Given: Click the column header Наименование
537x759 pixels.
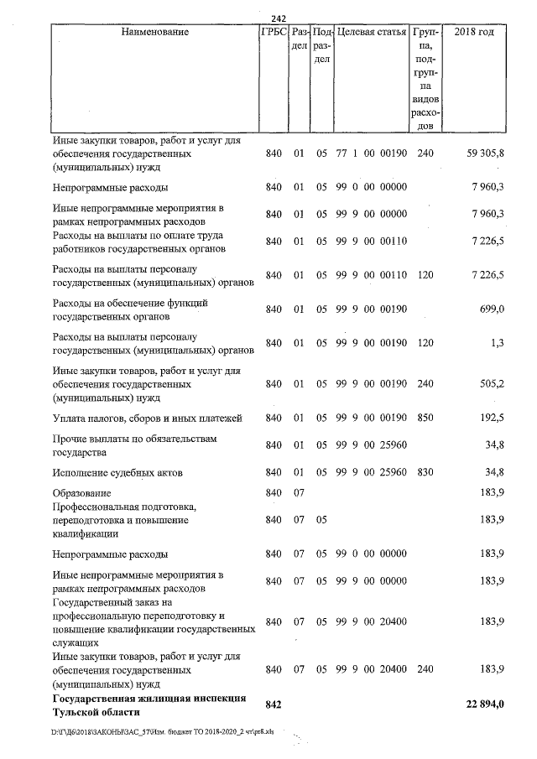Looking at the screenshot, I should (155, 32).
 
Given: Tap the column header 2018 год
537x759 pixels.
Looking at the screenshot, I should (473, 32).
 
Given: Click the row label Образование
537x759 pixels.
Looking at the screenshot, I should (81, 493).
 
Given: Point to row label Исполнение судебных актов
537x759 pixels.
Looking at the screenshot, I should (117, 473).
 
